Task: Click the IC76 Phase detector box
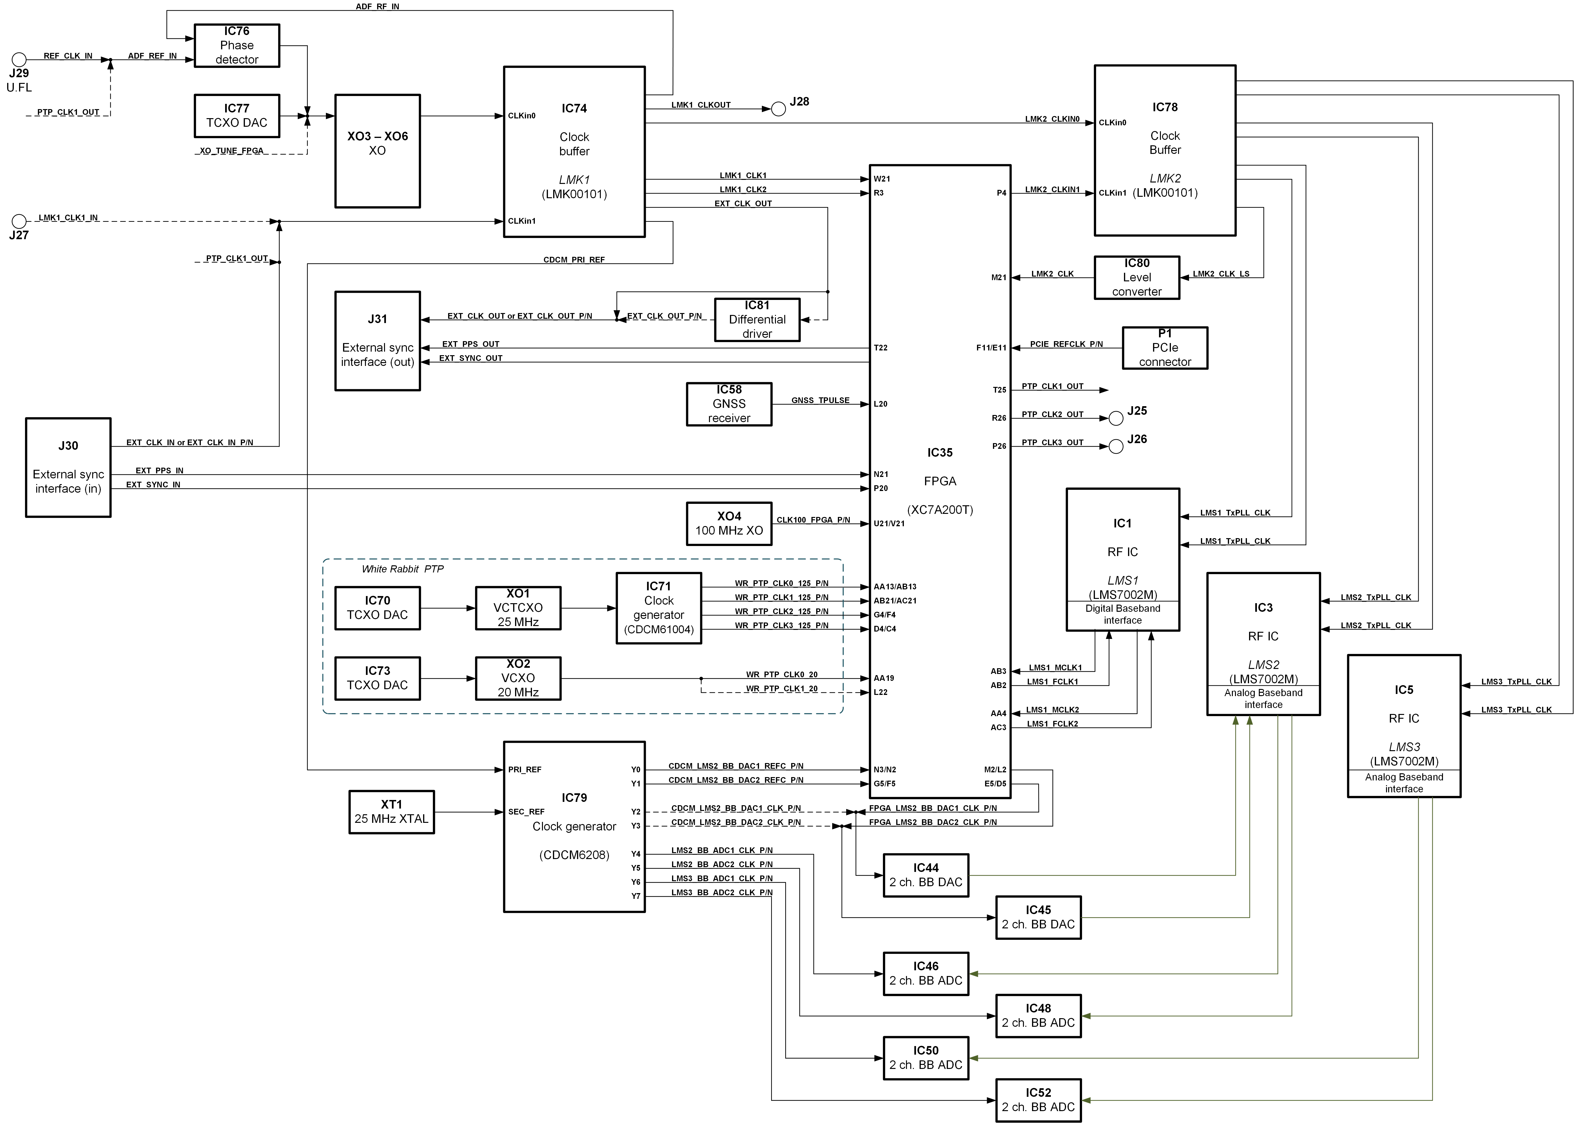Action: [237, 46]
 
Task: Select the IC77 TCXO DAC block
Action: [237, 116]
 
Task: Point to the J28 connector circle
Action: [778, 109]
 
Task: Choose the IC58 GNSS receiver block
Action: [729, 404]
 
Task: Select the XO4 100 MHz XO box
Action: [729, 523]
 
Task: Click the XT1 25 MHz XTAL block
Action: [391, 812]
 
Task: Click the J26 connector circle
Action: [1115, 447]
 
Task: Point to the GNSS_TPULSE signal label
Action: [820, 400]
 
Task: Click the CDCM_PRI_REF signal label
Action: [574, 260]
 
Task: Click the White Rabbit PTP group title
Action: [402, 569]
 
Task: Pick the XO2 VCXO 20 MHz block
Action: [518, 678]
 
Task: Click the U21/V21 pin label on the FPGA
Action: [889, 523]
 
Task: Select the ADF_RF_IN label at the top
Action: [377, 6]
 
